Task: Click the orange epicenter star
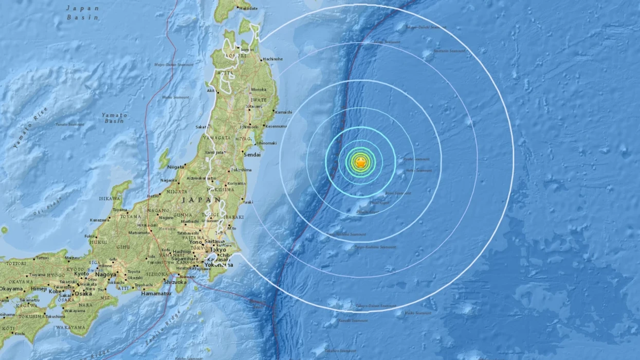pyautogui.click(x=361, y=163)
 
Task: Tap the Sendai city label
pyautogui.click(x=253, y=154)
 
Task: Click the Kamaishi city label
pyautogui.click(x=283, y=112)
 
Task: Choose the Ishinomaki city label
pyautogui.click(x=266, y=142)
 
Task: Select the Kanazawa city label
pyautogui.click(x=99, y=220)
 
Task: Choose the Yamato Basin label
pyautogui.click(x=114, y=118)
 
